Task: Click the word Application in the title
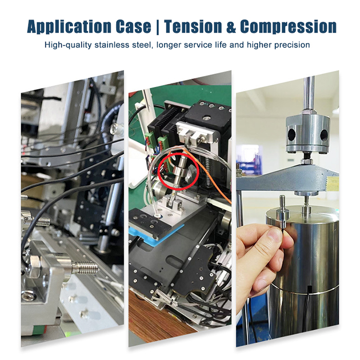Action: pyautogui.click(x=69, y=26)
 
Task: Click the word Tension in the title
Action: pyautogui.click(x=193, y=26)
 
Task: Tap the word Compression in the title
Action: pyautogui.click(x=289, y=27)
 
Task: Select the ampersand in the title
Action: pyautogui.click(x=231, y=26)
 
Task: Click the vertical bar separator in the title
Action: pyautogui.click(x=157, y=27)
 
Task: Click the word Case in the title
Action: pyautogui.click(x=133, y=26)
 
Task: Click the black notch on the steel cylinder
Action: pyautogui.click(x=309, y=289)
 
